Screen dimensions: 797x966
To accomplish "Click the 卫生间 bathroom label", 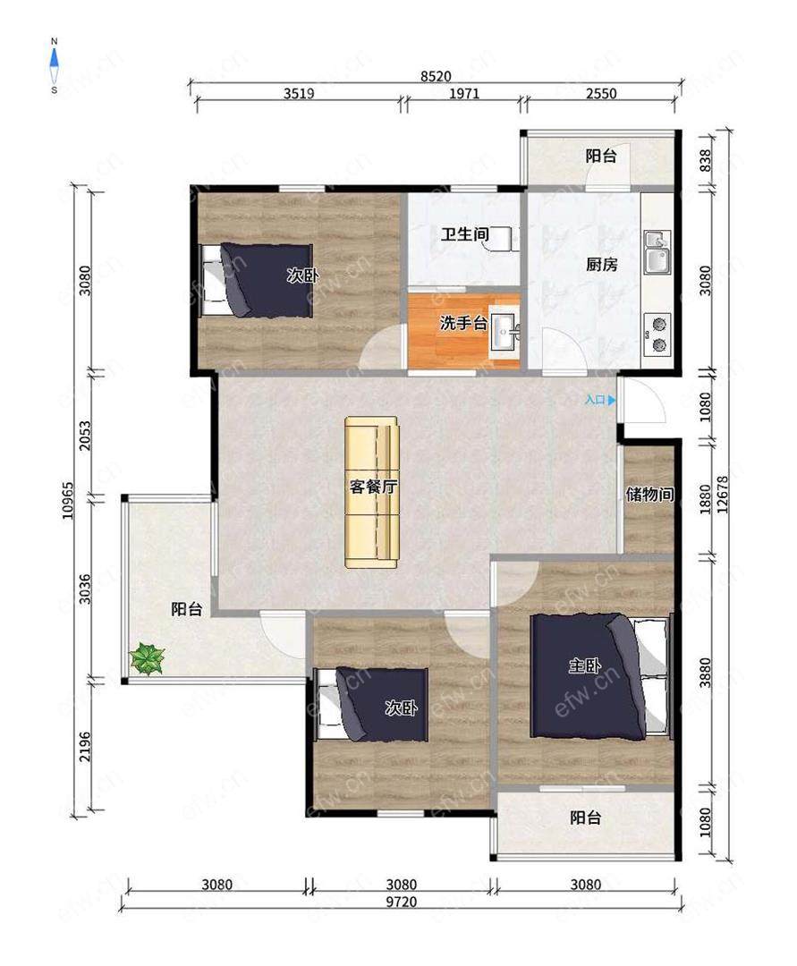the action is [465, 234].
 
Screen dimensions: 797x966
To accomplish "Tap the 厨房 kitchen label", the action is [601, 264].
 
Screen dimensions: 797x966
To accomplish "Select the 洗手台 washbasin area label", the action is [463, 322].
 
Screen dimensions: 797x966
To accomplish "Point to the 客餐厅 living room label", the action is [373, 487].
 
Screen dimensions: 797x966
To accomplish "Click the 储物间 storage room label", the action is [649, 494].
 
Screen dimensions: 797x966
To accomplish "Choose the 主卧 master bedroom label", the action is [584, 665].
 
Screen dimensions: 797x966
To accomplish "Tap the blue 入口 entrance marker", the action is [600, 400].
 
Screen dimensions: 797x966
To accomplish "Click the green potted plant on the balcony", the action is [148, 658].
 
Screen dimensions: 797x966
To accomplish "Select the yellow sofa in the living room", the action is [371, 492].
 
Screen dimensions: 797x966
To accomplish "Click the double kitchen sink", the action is [657, 252].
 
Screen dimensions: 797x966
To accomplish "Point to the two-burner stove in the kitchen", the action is [657, 335].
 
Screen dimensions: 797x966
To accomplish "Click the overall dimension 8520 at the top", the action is [436, 76].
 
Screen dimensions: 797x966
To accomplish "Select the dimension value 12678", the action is [723, 494].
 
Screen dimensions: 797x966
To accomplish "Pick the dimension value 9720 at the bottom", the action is [401, 902].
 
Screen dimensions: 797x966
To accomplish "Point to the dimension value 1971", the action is [463, 93].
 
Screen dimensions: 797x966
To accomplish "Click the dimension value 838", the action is [705, 160].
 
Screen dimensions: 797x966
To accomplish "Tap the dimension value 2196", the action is [85, 746].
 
